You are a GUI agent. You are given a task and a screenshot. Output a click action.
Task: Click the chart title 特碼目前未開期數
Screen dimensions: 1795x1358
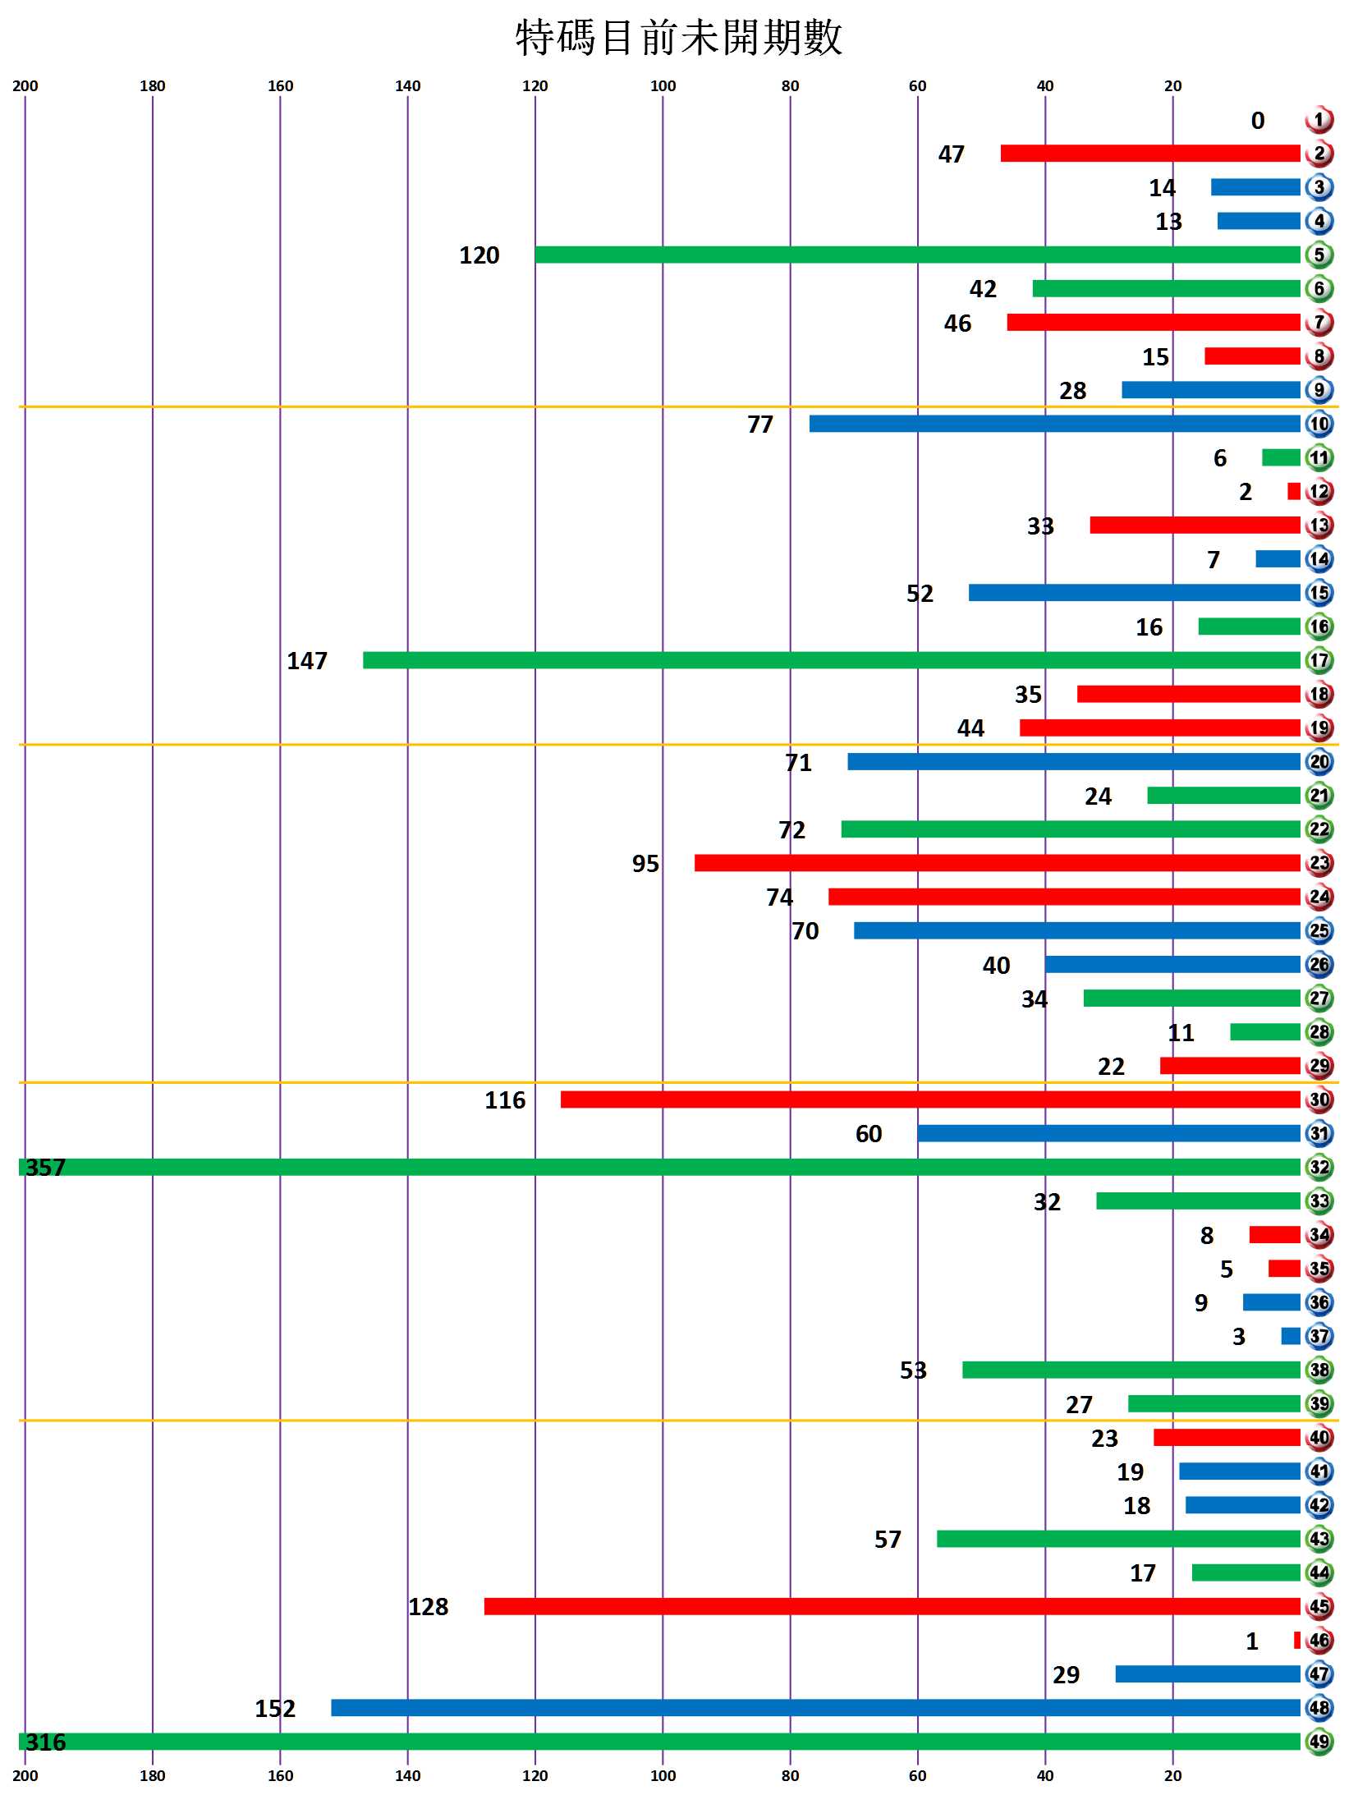tap(679, 38)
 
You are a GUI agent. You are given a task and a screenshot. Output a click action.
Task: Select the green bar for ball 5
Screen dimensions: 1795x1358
tap(917, 255)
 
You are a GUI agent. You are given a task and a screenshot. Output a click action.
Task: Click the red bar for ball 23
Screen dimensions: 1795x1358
tap(997, 863)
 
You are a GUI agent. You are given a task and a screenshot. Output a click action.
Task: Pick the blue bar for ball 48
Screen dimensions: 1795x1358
tap(815, 1708)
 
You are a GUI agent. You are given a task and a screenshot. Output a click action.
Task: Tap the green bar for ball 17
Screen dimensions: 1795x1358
tap(832, 660)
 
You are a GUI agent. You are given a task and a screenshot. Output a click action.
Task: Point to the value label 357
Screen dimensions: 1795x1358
tap(45, 1167)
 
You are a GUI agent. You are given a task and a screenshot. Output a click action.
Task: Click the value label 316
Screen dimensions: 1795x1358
tap(45, 1742)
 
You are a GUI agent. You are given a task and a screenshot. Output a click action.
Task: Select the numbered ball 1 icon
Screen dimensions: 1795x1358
tap(1319, 121)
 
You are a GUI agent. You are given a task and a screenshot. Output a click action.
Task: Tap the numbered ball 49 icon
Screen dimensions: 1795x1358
tap(1319, 1742)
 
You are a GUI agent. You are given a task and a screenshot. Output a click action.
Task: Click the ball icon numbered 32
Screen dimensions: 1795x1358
tap(1319, 1167)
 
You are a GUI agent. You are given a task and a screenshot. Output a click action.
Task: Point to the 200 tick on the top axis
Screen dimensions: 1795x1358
tap(25, 86)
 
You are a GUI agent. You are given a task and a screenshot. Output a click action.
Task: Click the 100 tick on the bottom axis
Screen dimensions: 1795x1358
tap(663, 1775)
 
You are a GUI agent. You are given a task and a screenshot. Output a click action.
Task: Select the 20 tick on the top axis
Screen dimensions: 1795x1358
tap(1173, 86)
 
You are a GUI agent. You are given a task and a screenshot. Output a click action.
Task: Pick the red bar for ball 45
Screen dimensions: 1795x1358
tap(892, 1606)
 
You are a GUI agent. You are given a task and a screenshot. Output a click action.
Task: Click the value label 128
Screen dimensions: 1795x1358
tap(429, 1607)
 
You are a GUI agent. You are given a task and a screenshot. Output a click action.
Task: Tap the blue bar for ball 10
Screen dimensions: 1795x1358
tap(1054, 424)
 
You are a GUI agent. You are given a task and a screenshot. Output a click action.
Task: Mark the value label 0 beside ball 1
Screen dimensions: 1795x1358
tap(1257, 122)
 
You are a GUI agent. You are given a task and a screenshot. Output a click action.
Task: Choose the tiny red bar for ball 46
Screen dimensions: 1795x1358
tap(1296, 1641)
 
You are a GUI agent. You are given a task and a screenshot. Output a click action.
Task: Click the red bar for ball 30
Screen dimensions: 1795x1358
tap(930, 1099)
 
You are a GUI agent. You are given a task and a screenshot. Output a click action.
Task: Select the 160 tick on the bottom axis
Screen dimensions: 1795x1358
tap(280, 1775)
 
